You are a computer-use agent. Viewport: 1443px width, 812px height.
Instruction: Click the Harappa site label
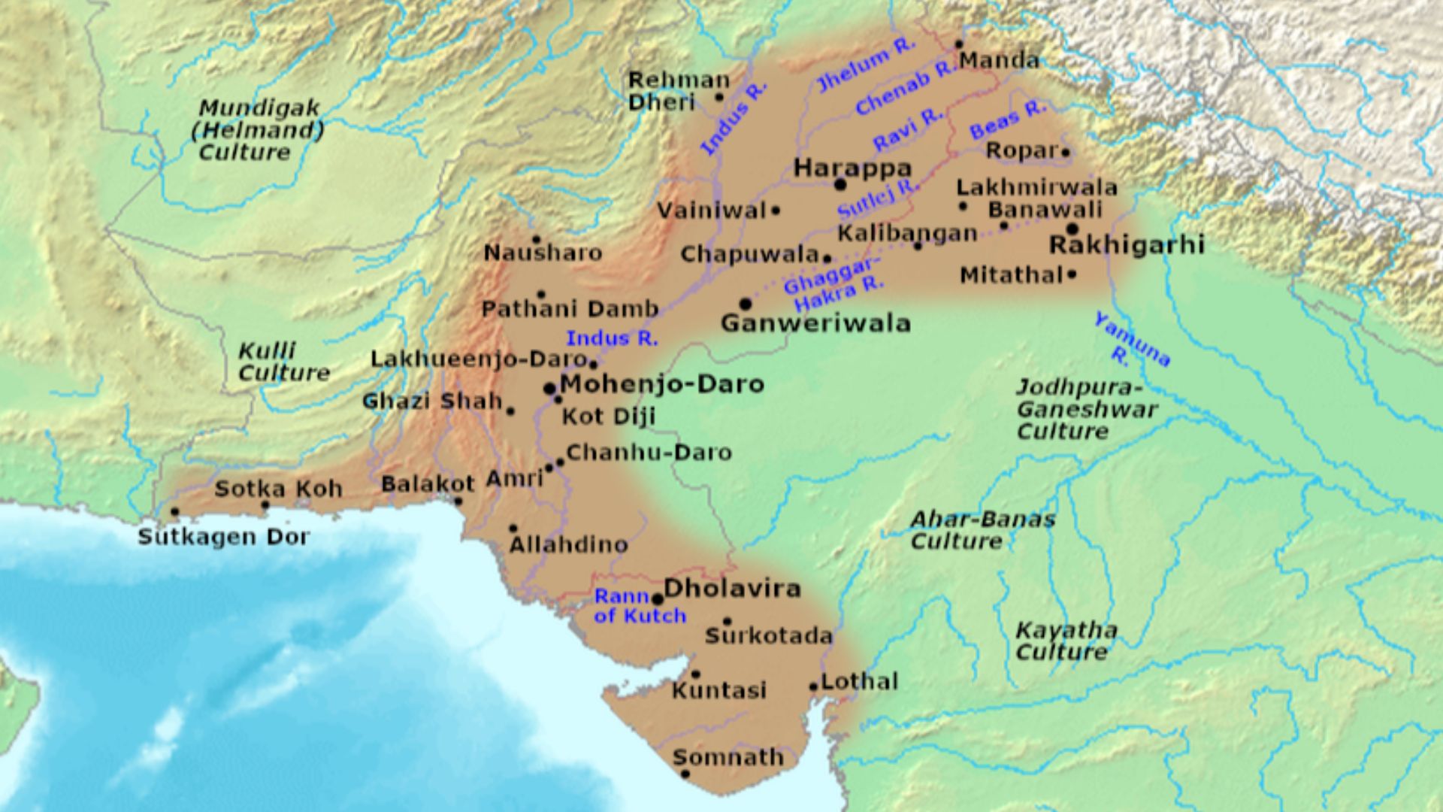coord(852,168)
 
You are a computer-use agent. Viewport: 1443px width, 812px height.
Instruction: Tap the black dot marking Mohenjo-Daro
coord(549,389)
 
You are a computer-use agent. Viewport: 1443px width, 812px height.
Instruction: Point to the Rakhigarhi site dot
coord(1072,229)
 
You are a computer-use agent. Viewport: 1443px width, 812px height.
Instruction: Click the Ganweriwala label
coord(815,323)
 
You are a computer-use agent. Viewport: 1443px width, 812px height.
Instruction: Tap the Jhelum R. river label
coord(867,65)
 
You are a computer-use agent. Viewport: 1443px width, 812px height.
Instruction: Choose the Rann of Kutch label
coord(640,606)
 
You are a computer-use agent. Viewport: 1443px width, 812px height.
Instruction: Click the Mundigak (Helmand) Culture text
coord(257,130)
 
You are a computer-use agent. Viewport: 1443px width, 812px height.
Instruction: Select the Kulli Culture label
coord(283,362)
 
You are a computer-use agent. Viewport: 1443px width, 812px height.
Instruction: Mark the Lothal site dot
coord(813,686)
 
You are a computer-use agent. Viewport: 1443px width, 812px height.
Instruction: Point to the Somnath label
coord(728,756)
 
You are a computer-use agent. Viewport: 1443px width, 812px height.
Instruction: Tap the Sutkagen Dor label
coord(223,537)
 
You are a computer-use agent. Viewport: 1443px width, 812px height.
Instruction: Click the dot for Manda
coord(959,44)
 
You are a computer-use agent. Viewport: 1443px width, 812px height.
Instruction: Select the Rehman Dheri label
coord(678,90)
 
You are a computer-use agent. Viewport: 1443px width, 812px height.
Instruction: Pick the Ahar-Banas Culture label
coord(982,530)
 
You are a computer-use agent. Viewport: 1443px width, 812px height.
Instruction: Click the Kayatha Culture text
coord(1065,641)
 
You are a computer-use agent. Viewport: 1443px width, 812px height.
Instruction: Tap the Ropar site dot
coord(1066,152)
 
